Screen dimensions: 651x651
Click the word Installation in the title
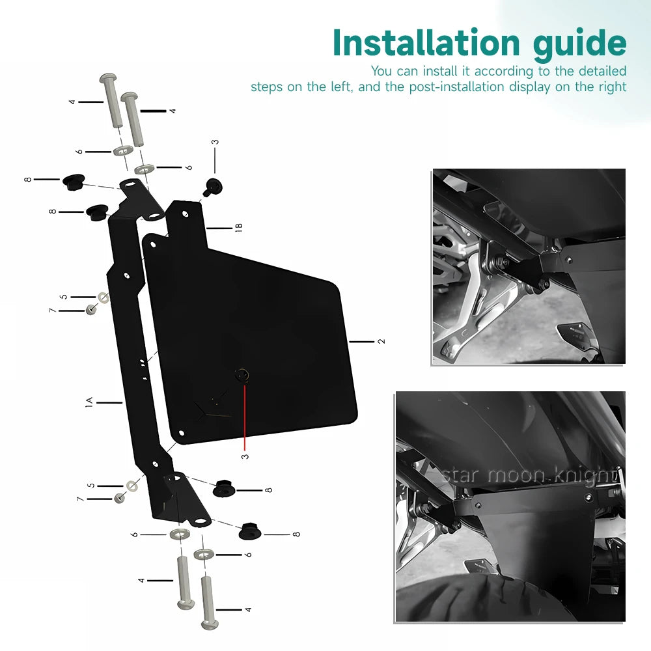point(426,43)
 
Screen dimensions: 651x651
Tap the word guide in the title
point(580,46)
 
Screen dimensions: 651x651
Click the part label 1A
point(89,402)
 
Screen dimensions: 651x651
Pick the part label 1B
point(239,227)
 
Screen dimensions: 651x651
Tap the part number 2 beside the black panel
point(381,341)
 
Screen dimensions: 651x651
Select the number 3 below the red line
point(245,456)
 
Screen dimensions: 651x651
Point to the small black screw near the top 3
point(213,186)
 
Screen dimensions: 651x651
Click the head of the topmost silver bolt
point(108,77)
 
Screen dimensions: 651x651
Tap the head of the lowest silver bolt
point(210,624)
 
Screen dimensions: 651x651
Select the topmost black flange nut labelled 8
point(74,182)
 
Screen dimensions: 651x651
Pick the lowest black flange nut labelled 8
point(250,531)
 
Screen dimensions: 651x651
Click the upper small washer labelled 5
point(104,298)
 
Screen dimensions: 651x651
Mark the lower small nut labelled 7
point(120,497)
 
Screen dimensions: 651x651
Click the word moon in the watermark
point(515,475)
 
